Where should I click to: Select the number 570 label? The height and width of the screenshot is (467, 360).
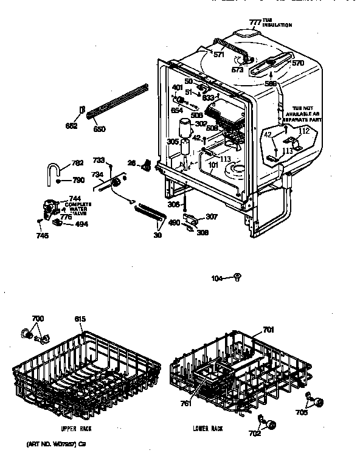click(298, 63)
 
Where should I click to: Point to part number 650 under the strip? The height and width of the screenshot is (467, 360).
click(99, 129)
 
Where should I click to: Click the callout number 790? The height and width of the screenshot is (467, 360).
click(78, 181)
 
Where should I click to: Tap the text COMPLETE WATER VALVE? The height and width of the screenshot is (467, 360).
click(78, 209)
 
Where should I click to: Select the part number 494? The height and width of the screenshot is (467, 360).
click(80, 224)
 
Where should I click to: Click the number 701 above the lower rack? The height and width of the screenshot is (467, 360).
click(268, 330)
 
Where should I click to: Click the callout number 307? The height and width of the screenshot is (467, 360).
click(211, 216)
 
